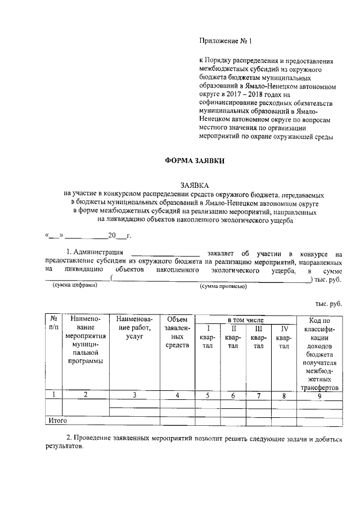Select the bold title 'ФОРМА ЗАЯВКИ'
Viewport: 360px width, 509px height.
coord(194,160)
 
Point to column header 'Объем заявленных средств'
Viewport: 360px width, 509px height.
coord(177,332)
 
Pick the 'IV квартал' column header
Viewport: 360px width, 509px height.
coord(284,337)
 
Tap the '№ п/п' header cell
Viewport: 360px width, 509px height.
coord(53,323)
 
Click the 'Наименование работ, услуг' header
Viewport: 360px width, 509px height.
coord(134,327)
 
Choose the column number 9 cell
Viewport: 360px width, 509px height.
coord(319,395)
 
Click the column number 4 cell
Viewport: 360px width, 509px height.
coord(177,395)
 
